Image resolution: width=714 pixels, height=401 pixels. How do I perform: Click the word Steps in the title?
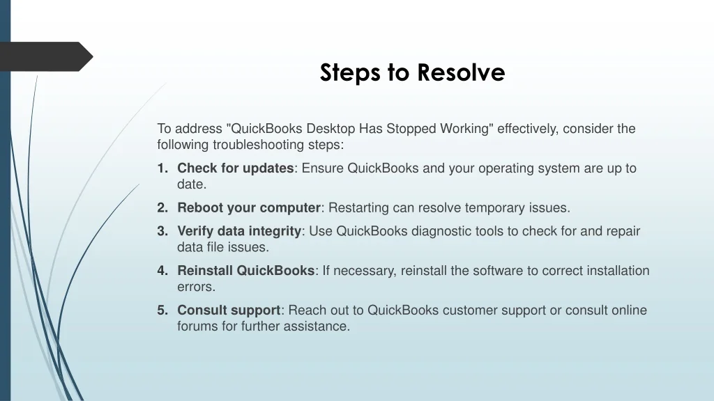[350, 73]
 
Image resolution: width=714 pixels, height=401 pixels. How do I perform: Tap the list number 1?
[162, 168]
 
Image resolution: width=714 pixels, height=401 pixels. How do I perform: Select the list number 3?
[162, 231]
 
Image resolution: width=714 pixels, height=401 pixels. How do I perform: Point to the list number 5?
[162, 310]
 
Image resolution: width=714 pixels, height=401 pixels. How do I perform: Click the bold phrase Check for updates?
[236, 168]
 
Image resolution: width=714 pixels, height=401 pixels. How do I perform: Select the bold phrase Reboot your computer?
[249, 207]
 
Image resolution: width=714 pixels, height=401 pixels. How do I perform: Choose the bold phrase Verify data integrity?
[240, 231]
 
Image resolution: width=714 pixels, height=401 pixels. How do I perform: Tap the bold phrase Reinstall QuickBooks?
[246, 271]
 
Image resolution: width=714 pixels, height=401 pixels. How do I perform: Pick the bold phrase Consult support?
[229, 310]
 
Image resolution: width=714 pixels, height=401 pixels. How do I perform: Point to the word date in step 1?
[190, 184]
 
